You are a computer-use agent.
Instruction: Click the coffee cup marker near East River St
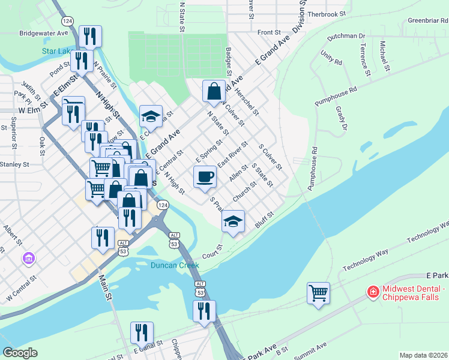205,176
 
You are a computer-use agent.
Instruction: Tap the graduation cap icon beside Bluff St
233,221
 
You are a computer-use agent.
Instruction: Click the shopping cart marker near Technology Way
318,293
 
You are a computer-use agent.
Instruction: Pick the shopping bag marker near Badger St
214,91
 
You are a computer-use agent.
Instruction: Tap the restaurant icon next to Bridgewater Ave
91,37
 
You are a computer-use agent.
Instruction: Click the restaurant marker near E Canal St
142,333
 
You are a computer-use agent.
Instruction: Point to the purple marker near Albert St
28,259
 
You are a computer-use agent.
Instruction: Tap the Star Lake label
57,51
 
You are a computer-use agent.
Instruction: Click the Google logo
20,353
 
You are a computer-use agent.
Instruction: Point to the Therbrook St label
327,13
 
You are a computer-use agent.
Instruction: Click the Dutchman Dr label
346,36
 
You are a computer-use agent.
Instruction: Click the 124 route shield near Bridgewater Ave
68,20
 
